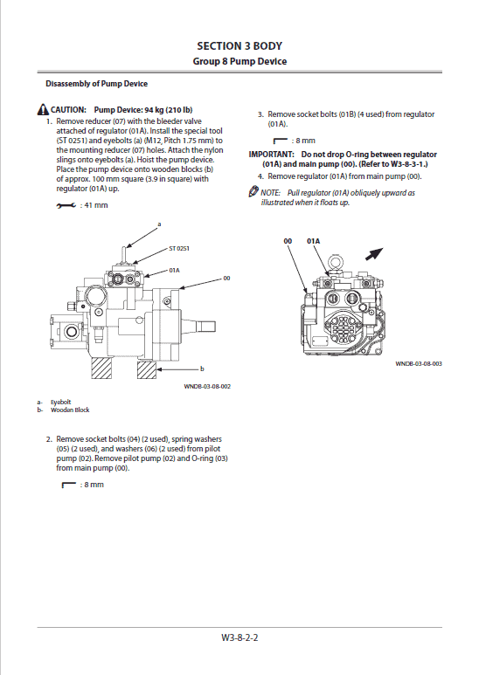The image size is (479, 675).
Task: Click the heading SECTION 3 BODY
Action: tap(239, 46)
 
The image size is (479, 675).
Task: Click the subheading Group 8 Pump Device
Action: tap(239, 61)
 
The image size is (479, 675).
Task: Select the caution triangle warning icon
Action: tap(43, 110)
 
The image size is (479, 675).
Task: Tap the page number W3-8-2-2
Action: tap(239, 637)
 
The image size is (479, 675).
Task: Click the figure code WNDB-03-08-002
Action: tap(207, 386)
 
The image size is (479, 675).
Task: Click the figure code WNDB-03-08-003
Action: tap(419, 363)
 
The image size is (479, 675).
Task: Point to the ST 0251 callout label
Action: tap(179, 248)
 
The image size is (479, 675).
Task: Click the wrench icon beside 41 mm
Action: tap(66, 206)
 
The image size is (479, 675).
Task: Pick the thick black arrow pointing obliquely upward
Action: tap(374, 254)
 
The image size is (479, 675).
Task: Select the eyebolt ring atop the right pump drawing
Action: tap(334, 262)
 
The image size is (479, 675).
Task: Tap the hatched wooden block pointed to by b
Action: tap(147, 369)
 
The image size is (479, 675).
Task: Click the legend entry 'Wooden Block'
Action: tap(70, 410)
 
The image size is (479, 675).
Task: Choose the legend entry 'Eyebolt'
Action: tap(60, 402)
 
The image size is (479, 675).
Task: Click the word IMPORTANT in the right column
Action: tap(271, 154)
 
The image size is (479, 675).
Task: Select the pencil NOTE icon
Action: tap(253, 191)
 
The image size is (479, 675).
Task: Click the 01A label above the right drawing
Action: tap(314, 241)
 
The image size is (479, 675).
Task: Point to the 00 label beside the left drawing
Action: tap(226, 278)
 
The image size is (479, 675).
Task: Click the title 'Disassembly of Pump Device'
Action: tap(96, 84)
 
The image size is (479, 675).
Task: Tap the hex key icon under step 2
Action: tap(69, 486)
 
